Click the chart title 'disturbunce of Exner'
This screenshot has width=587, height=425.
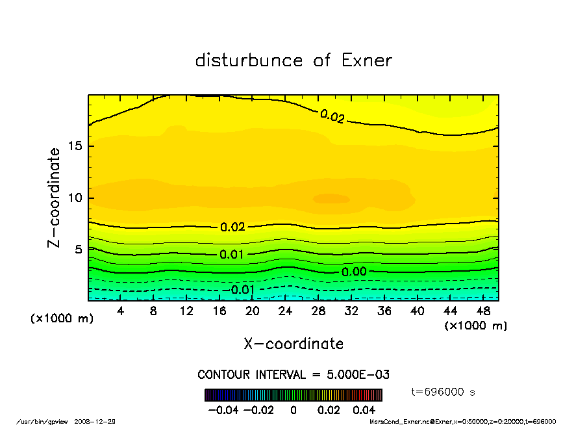click(293, 60)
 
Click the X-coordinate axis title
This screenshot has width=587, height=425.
click(293, 343)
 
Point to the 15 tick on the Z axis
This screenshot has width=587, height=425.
click(75, 146)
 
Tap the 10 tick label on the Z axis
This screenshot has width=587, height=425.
click(75, 198)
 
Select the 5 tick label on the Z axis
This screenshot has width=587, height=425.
click(79, 249)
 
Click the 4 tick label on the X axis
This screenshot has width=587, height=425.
click(121, 311)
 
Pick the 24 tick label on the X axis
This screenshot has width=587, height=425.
click(285, 311)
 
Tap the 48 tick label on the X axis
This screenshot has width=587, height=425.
click(482, 311)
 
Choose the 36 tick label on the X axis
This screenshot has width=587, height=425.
click(384, 311)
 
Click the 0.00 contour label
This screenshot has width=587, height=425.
click(355, 272)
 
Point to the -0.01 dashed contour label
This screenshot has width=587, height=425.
click(241, 289)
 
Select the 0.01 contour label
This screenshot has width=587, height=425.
click(232, 254)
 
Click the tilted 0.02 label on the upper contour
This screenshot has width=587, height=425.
click(332, 116)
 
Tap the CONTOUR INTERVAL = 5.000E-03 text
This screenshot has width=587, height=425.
click(293, 375)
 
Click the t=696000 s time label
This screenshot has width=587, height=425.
click(444, 392)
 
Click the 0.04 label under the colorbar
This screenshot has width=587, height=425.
click(364, 410)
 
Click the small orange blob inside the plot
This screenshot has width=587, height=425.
click(331, 198)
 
